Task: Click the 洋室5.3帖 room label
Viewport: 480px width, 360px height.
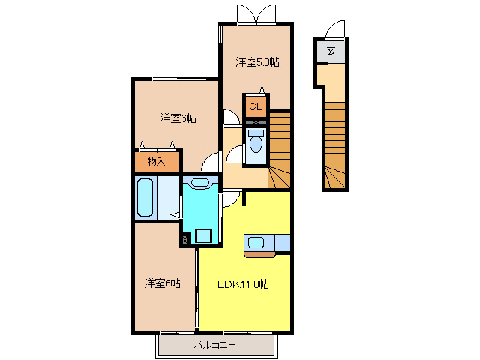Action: click(258, 62)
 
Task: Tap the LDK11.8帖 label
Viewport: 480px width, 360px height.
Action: click(244, 284)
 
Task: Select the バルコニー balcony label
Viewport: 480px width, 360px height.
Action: click(215, 345)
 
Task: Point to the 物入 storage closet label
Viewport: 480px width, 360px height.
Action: click(157, 161)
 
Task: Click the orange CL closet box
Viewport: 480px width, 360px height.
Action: click(256, 106)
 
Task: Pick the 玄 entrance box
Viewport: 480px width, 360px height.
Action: click(331, 52)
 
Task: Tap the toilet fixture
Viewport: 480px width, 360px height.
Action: click(256, 142)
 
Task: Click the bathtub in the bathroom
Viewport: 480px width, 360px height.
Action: click(145, 197)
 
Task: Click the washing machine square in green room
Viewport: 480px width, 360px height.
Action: click(202, 235)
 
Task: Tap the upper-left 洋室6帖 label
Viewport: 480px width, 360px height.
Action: click(178, 118)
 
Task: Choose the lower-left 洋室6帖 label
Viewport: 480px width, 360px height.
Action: click(163, 283)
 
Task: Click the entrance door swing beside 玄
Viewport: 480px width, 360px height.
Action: click(335, 30)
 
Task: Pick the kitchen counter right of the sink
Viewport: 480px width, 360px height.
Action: click(283, 244)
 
